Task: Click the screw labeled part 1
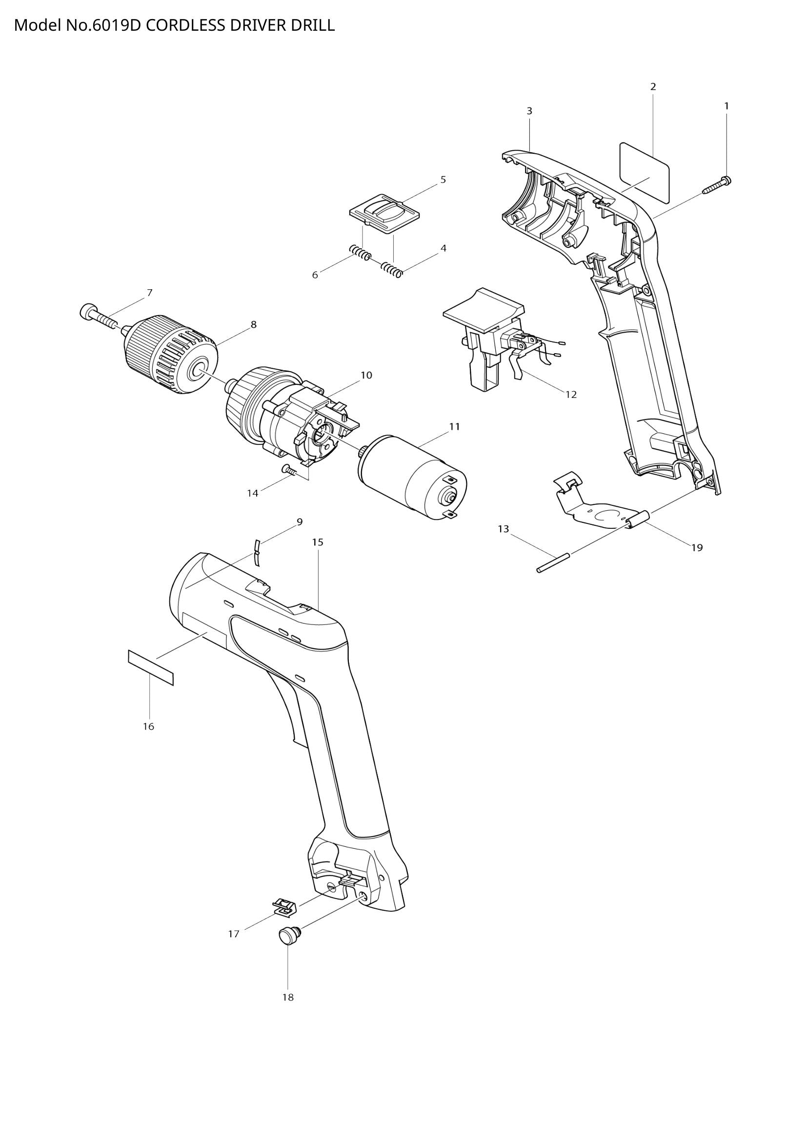[717, 185]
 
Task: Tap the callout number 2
[653, 86]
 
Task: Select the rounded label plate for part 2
[644, 172]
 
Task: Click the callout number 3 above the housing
[529, 111]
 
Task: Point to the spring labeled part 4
[392, 270]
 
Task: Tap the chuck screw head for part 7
[87, 312]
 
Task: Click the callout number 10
[366, 375]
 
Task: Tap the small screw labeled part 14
[289, 469]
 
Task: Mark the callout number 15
[318, 542]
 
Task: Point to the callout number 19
[697, 548]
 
